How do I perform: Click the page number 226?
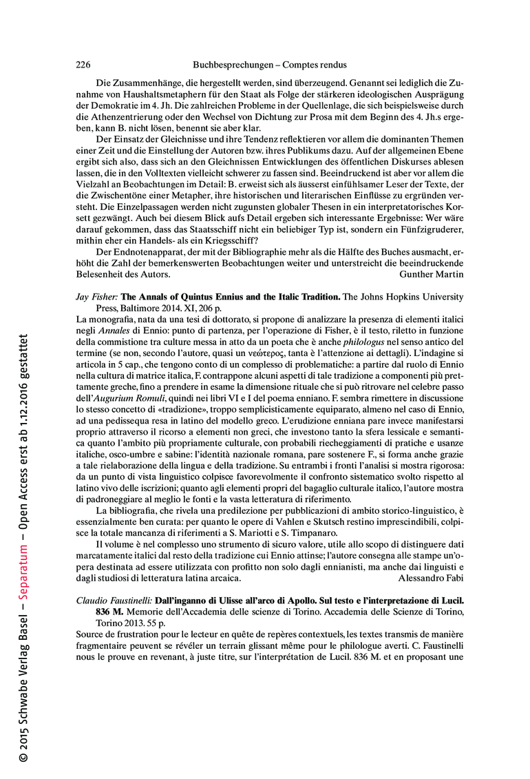click(83, 65)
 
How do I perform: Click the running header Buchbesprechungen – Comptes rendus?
click(270, 65)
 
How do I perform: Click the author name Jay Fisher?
click(96, 296)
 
